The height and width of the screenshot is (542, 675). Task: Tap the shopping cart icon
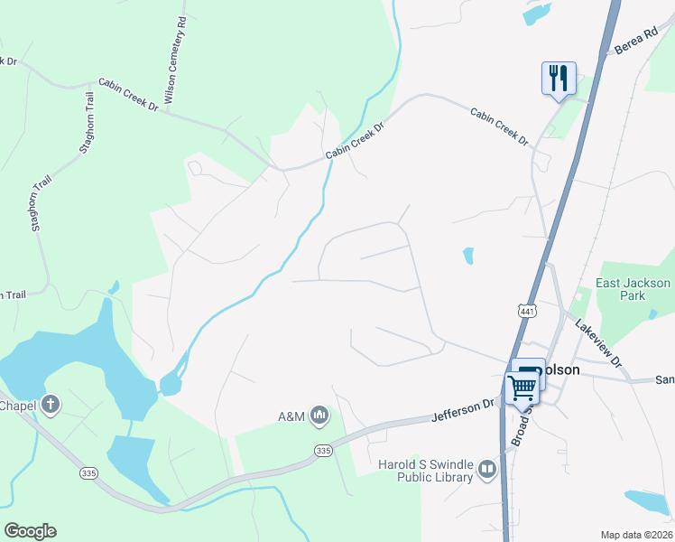coord(522,388)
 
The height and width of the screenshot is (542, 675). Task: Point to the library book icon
coord(487,470)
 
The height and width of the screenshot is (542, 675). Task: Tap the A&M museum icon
coord(319,416)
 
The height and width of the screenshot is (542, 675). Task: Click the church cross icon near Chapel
coord(51,405)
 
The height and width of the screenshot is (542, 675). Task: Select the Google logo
coord(30,531)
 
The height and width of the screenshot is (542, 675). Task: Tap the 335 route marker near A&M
coord(321,450)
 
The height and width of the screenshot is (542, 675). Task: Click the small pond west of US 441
coord(467,256)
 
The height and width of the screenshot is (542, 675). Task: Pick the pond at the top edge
coord(536,13)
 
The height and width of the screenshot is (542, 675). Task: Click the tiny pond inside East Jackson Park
coord(652,314)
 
